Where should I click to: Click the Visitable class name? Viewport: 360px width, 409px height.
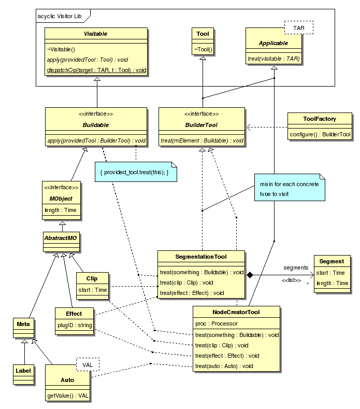pos(97,34)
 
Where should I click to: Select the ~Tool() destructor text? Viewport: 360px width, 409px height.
pos(203,49)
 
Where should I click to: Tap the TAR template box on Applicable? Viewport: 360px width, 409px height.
pos(299,27)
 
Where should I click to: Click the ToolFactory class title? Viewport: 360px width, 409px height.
pos(320,119)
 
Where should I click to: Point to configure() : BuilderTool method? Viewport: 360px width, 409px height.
pos(320,134)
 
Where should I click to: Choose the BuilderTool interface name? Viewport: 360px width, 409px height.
pos(201,125)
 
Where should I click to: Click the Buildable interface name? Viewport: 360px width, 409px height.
pos(97,125)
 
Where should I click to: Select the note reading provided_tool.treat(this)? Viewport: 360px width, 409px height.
pos(135,172)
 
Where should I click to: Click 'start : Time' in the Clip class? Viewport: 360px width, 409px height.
pos(92,290)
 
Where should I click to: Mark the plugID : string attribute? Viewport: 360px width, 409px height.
pos(75,325)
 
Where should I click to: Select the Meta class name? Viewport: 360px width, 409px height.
pos(24,325)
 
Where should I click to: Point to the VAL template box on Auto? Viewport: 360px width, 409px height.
pos(88,365)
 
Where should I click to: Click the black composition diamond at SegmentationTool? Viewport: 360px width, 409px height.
pos(250,275)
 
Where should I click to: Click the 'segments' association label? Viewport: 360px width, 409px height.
pos(296,267)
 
